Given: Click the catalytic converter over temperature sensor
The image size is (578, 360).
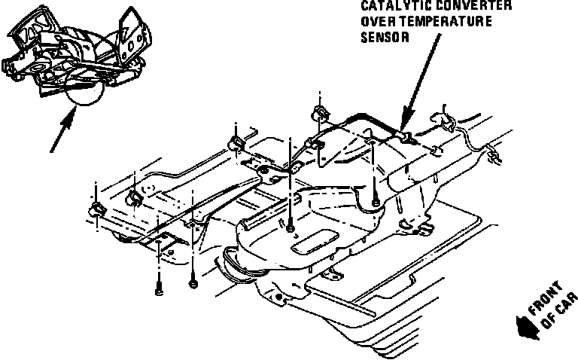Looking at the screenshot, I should click(x=407, y=136).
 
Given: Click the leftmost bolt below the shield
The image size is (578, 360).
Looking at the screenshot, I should click(x=159, y=287).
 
